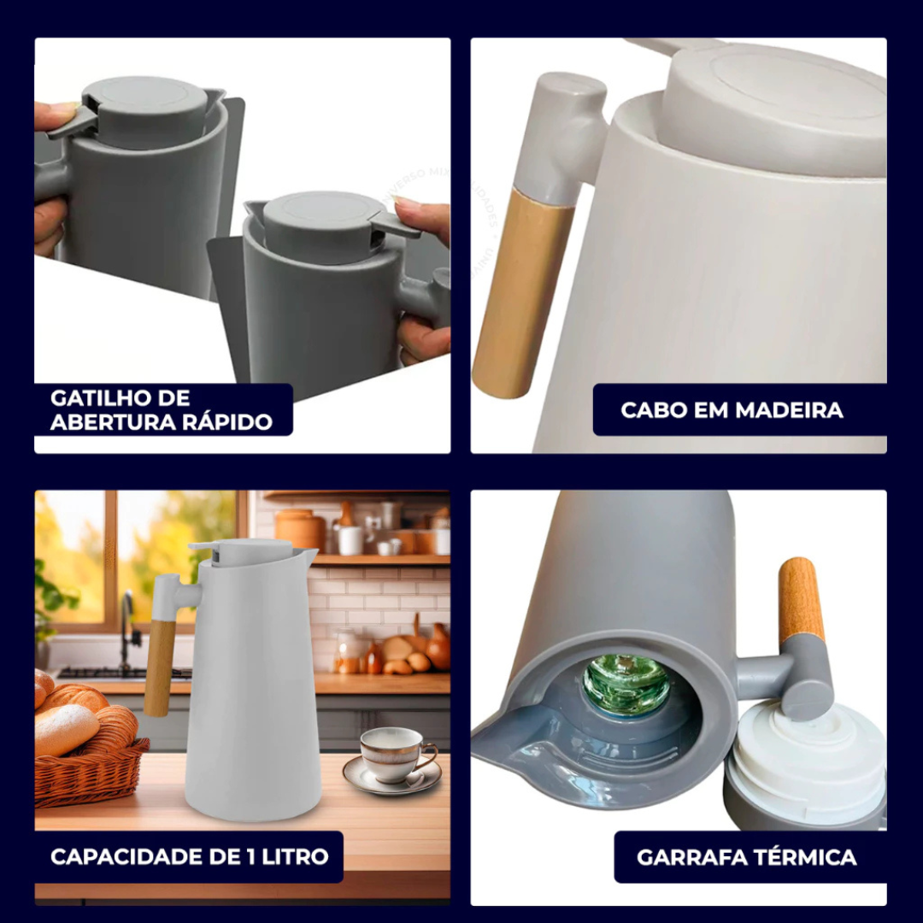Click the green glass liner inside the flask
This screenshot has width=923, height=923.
click(x=626, y=684)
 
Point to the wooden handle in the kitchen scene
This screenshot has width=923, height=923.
click(x=162, y=667)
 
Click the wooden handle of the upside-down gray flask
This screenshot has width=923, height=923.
click(x=801, y=598)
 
